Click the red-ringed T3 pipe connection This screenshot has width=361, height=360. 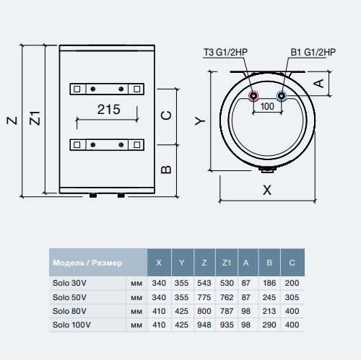tap(253, 96)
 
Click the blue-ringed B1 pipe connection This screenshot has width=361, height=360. tap(281, 96)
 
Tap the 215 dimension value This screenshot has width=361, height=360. tap(108, 110)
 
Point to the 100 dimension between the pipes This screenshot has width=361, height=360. tap(267, 106)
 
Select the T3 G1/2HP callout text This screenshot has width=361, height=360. tap(225, 52)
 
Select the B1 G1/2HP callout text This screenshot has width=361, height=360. tap(313, 52)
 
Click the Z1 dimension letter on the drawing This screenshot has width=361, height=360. tap(35, 118)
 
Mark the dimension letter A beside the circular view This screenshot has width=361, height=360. tap(319, 84)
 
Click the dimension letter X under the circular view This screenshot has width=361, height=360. tap(267, 190)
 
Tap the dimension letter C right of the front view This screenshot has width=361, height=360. tap(166, 115)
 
